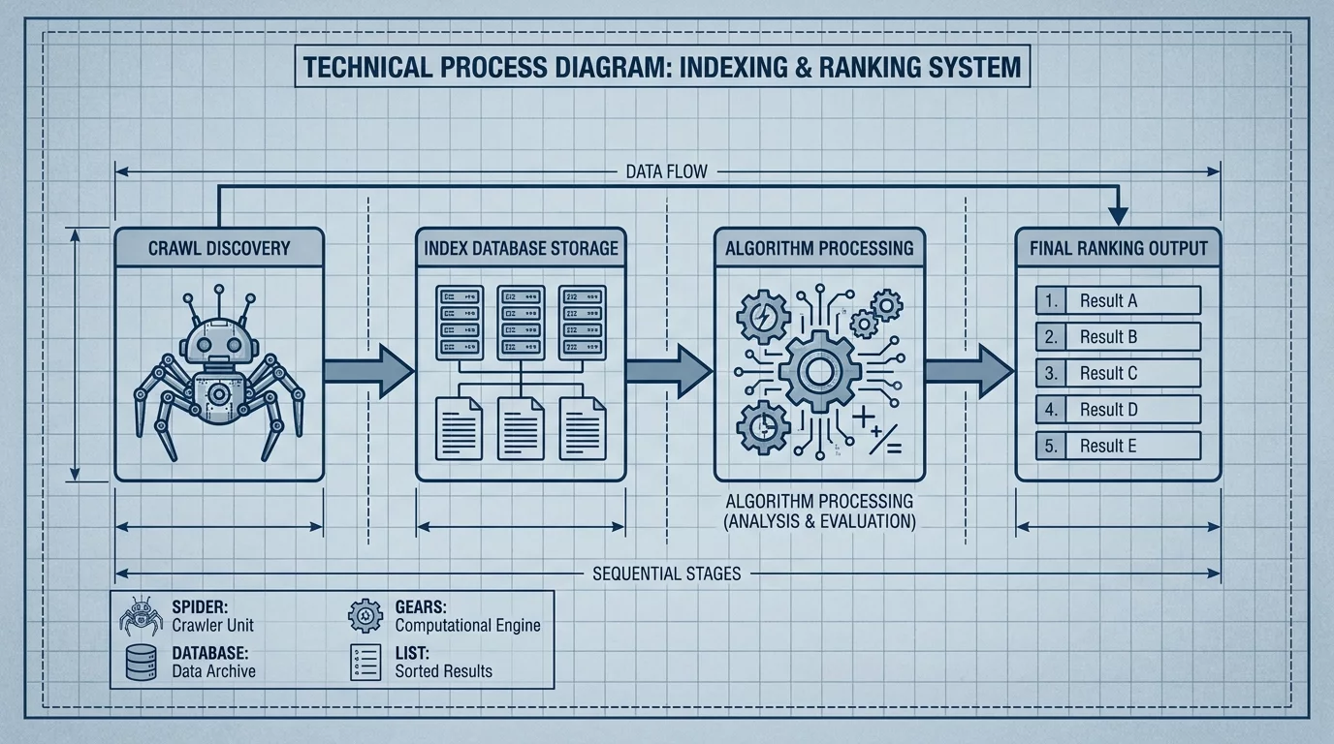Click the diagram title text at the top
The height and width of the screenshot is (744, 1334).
662,67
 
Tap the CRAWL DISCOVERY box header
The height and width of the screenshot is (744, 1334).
219,247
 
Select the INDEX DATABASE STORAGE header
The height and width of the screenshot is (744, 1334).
521,247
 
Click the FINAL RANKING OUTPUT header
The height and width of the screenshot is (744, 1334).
1119,247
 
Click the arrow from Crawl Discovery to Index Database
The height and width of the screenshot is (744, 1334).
369,371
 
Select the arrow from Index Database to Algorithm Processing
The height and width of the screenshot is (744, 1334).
669,371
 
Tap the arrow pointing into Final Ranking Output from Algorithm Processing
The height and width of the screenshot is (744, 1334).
969,371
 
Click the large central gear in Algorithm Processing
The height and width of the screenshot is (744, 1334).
819,371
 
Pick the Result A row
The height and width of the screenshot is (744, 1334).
1119,300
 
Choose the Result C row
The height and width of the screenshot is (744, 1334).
1119,373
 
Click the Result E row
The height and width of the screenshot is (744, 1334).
1119,446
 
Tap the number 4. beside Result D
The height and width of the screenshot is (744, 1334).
1051,410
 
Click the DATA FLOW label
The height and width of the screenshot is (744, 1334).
666,172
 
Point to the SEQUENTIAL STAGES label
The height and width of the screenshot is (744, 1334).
666,573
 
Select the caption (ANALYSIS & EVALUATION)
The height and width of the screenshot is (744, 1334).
819,521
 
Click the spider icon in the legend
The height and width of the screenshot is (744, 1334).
142,616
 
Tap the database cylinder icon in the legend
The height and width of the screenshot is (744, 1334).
142,663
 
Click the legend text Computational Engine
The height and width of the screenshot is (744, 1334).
467,625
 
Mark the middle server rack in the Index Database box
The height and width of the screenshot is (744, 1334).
521,323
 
